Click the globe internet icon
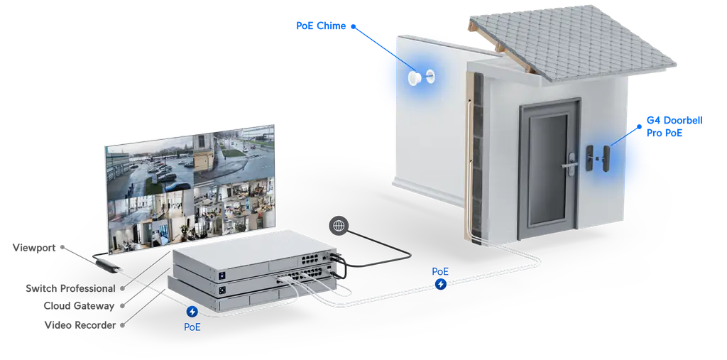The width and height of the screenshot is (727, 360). [339, 226]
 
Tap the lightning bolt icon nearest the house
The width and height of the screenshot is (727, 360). [441, 284]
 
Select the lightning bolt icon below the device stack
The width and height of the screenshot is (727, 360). [192, 312]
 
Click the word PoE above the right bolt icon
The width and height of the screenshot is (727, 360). [440, 272]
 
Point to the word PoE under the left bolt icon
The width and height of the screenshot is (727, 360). [192, 327]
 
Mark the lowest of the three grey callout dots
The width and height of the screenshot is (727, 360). [122, 324]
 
